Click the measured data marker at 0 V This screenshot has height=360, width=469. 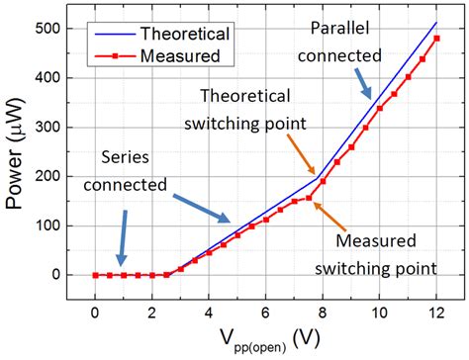(x=95, y=275)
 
